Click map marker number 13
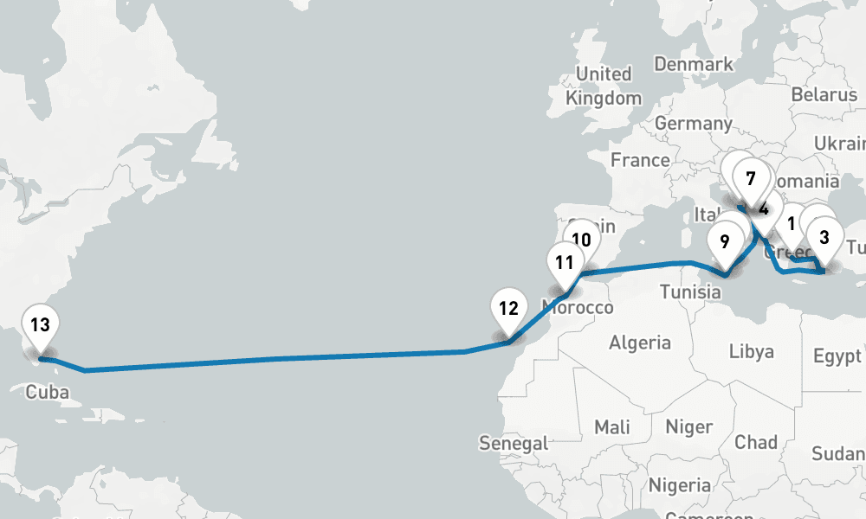coord(40,326)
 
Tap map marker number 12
coord(508,309)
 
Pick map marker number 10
coord(581,240)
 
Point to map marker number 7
coord(750,180)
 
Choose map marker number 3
coord(824,237)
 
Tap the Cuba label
coord(47,392)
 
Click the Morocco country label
coord(577,307)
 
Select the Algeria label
coord(640,343)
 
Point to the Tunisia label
coord(690,292)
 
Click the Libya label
coord(751,352)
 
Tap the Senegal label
coord(514,444)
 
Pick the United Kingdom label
coord(604,86)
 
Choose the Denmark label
coord(694,64)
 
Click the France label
coord(640,160)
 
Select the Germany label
coord(694,124)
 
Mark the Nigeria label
coord(680,484)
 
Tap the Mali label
coord(612,426)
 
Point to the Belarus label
coord(824,94)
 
